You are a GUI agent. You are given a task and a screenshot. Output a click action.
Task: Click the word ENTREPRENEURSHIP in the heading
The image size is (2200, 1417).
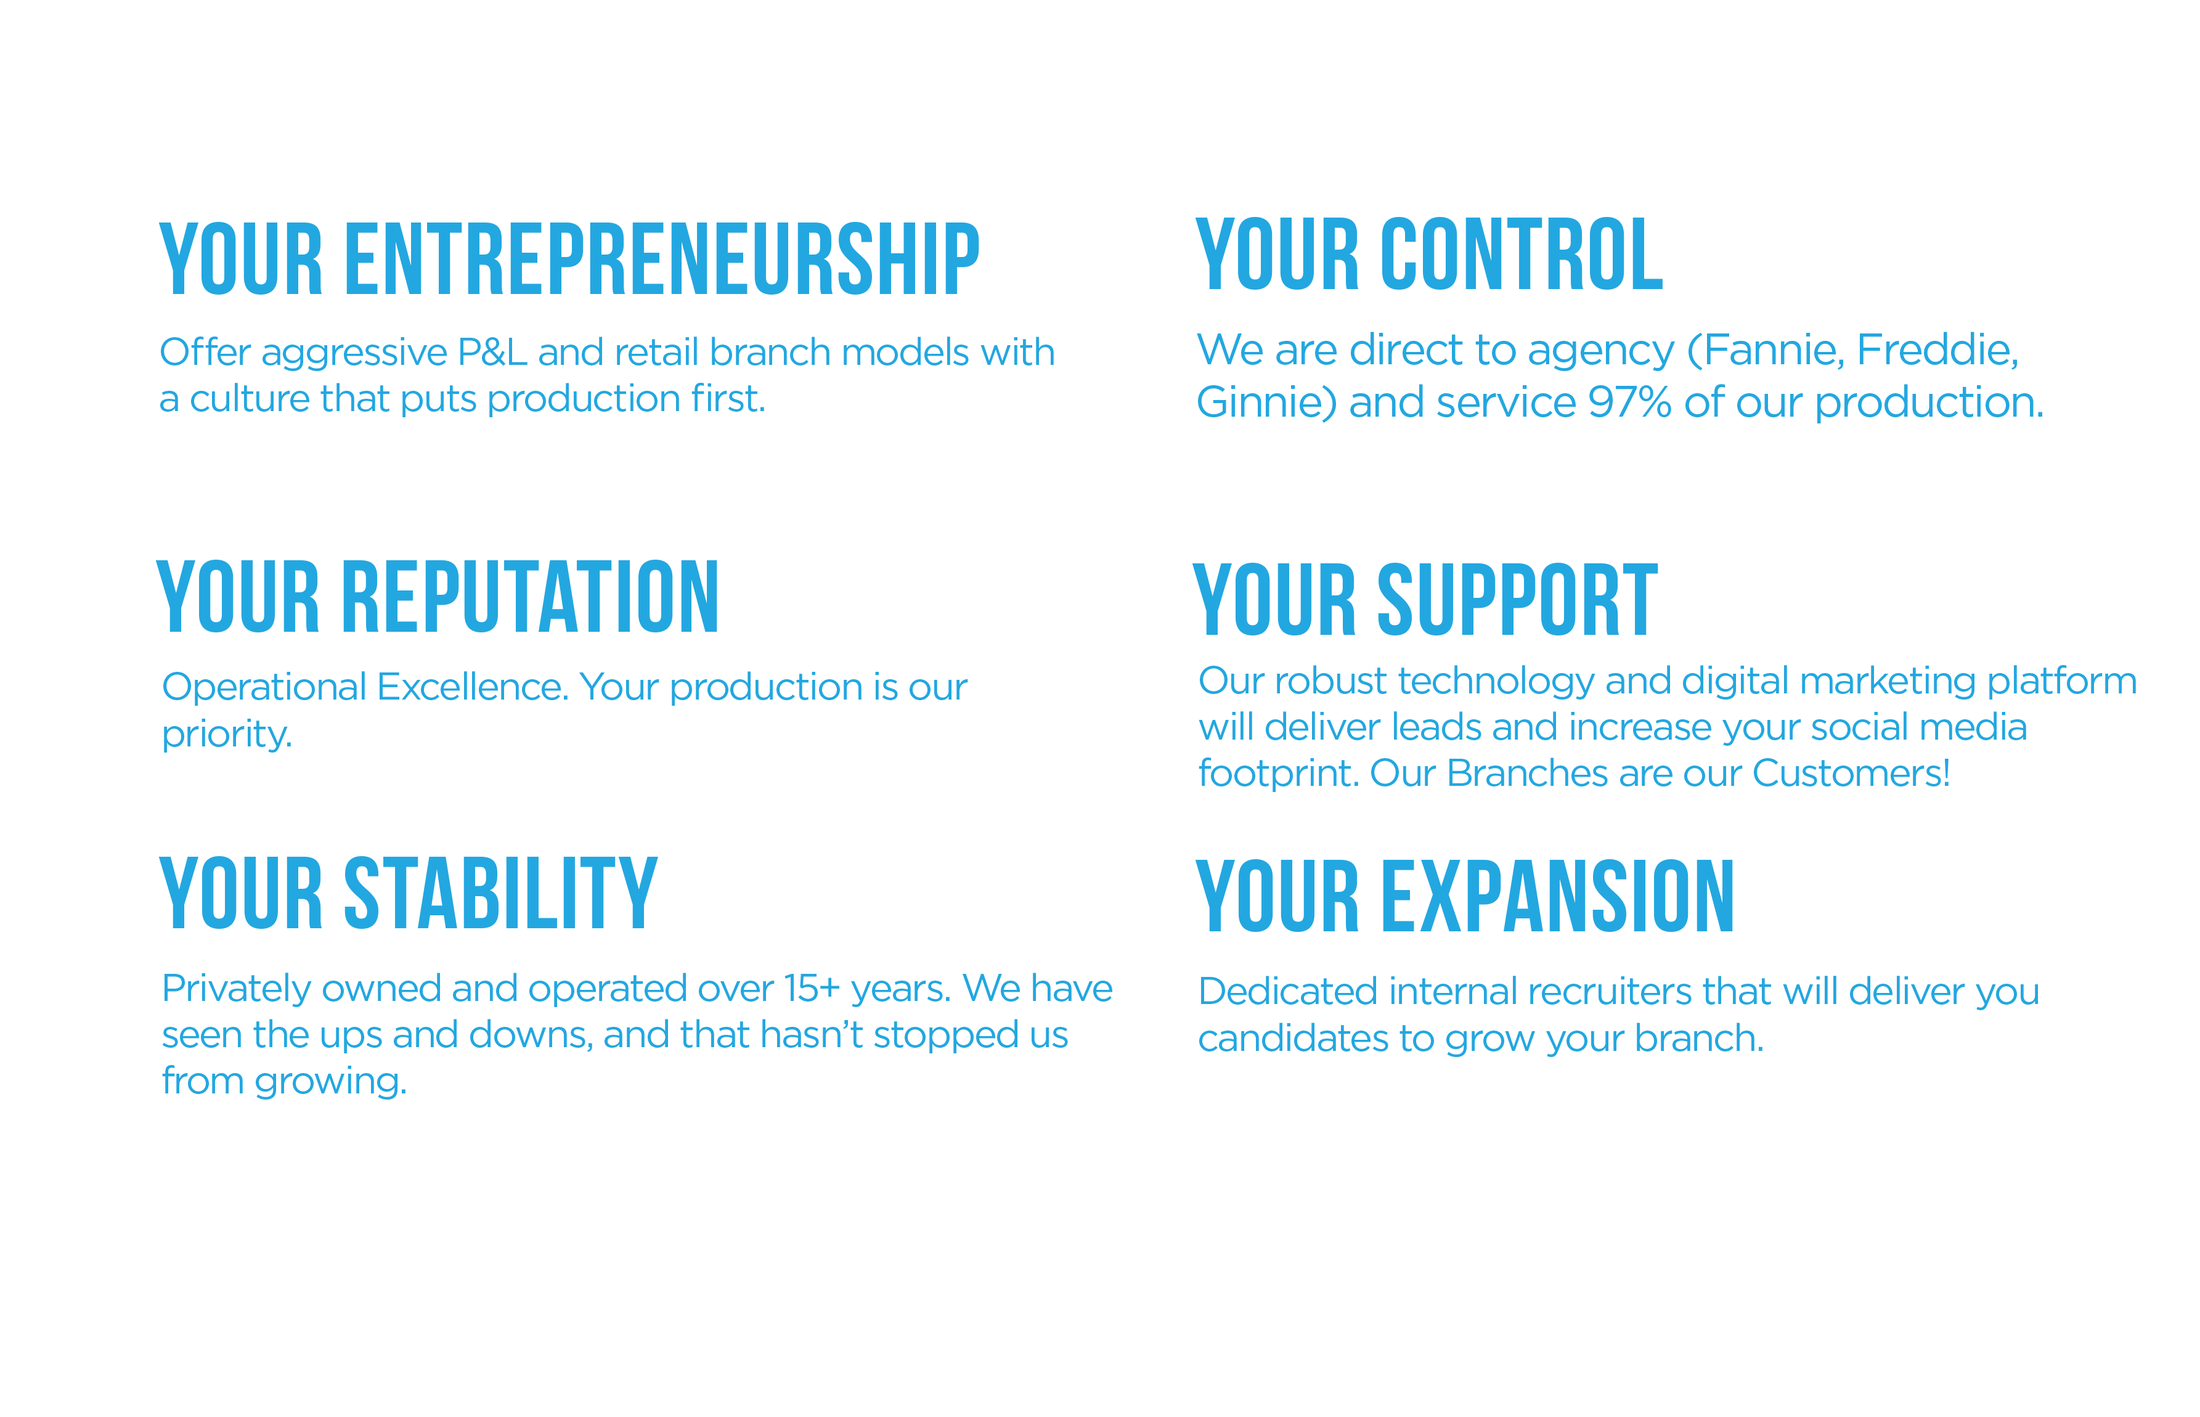tap(663, 259)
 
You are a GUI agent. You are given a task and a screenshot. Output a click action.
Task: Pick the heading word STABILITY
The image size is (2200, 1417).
tap(501, 892)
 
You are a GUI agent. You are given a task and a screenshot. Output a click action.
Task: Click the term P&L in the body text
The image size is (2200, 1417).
tap(492, 353)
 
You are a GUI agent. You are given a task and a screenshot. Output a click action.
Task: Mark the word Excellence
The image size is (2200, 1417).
tap(473, 687)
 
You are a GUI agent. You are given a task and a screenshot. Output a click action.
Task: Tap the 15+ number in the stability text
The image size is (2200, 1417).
tap(812, 989)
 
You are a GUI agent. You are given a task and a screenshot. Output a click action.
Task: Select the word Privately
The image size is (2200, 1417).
tap(237, 990)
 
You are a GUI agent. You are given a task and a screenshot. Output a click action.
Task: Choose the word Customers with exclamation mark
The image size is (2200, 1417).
tap(1851, 774)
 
